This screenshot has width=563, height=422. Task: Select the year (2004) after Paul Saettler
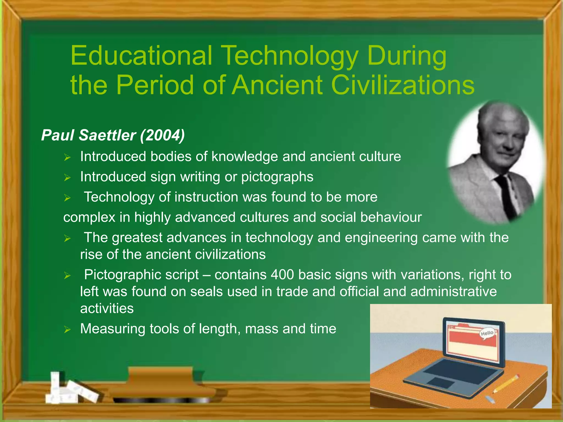click(x=162, y=135)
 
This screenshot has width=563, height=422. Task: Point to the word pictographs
click(x=277, y=177)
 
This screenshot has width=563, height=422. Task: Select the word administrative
click(x=454, y=291)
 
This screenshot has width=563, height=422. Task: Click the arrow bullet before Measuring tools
click(x=67, y=329)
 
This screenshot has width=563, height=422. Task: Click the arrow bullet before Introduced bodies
click(x=67, y=157)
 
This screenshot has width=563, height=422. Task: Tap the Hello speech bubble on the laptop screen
click(x=487, y=334)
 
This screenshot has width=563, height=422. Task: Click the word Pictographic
click(x=141, y=274)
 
